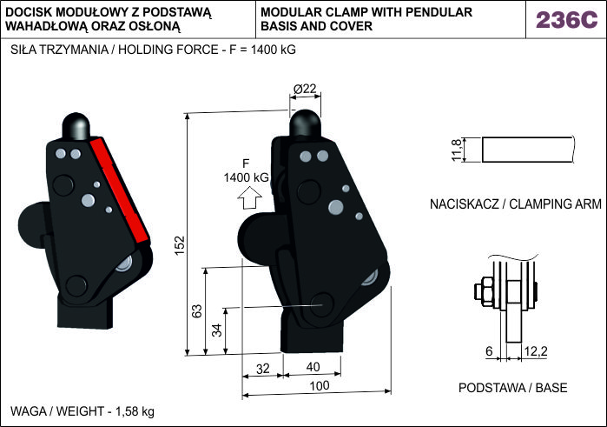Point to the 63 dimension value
click(x=197, y=310)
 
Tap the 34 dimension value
click(x=216, y=330)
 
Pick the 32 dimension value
click(x=263, y=368)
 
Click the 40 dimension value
click(x=313, y=368)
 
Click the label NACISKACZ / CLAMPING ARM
click(x=515, y=205)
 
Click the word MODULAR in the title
click(x=292, y=12)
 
